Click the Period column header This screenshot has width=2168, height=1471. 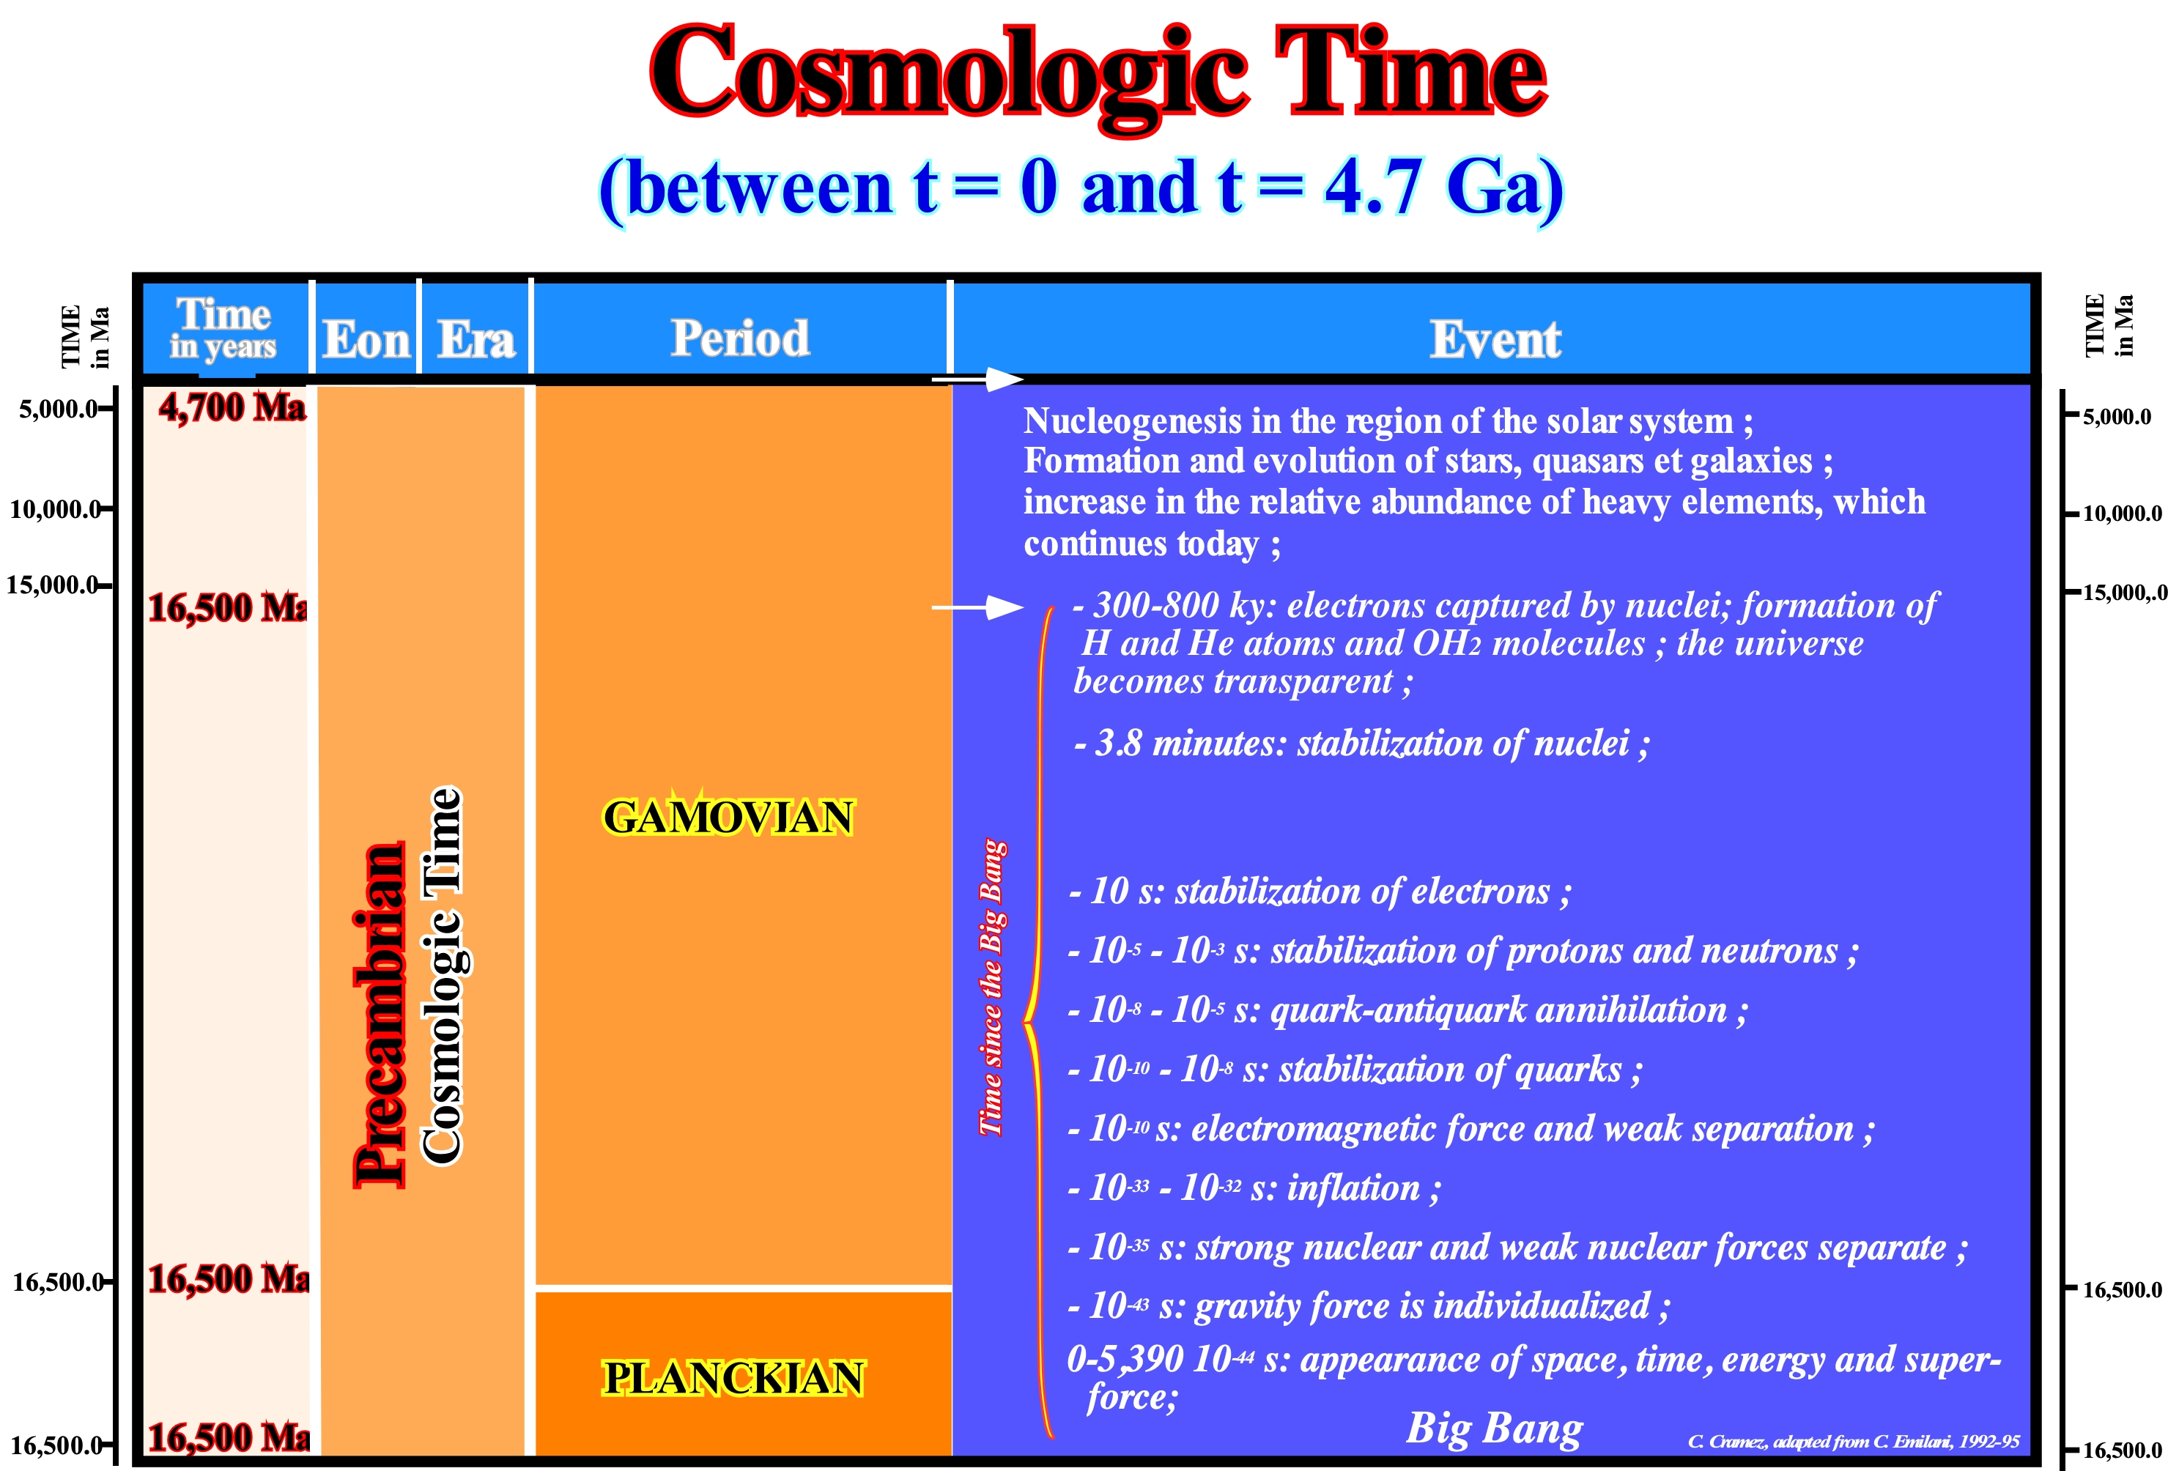(740, 338)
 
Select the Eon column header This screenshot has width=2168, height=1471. (366, 338)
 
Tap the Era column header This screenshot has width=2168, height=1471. (476, 338)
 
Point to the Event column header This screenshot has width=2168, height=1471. (1495, 338)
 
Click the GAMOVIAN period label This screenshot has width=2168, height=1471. (728, 817)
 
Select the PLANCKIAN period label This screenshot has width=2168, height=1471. (733, 1378)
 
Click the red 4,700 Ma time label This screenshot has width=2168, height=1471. (232, 407)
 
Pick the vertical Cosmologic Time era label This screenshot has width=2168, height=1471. (443, 976)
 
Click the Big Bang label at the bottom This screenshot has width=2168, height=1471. (1495, 1428)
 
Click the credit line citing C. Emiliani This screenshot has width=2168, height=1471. (1854, 1441)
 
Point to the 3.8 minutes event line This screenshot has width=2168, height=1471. (1362, 744)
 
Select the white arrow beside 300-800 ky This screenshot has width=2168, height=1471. (977, 607)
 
